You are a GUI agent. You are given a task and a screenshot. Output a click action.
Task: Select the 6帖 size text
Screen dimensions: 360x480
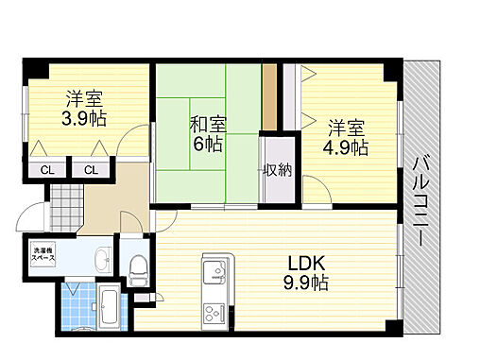point(209,145)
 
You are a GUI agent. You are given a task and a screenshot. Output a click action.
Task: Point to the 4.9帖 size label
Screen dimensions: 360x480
point(347,148)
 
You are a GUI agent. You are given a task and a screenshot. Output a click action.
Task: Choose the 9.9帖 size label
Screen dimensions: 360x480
point(307,283)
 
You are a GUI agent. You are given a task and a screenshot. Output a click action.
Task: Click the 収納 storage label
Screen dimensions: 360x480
point(278,170)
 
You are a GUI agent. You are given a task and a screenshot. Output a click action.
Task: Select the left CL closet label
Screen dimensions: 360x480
point(46,170)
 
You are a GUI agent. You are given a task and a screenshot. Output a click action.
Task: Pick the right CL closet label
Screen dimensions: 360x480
point(91,170)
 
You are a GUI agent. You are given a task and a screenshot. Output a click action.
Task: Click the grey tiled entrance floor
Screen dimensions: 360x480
point(63,199)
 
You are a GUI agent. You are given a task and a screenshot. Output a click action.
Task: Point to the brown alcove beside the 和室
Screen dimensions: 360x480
point(269,97)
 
